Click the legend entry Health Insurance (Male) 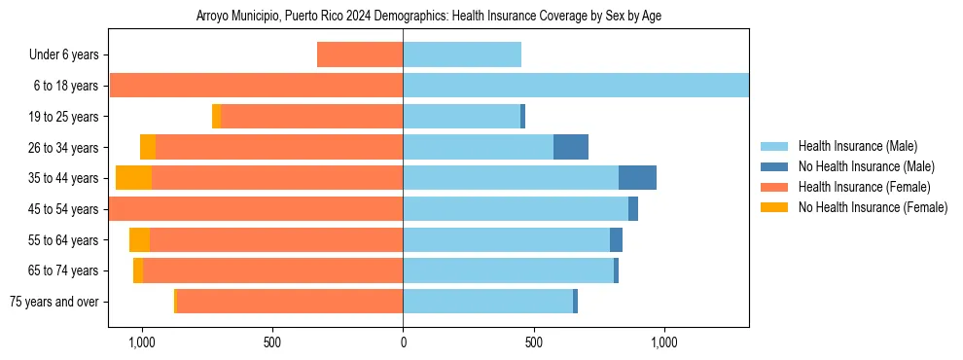tap(857, 146)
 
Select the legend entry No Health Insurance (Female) tap(873, 207)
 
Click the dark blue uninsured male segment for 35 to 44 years tap(637, 178)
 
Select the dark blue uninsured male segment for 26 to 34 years tap(571, 147)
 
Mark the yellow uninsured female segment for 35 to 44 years tap(133, 178)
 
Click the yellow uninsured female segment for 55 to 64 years tap(139, 239)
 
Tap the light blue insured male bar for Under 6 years tap(462, 55)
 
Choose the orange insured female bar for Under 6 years tap(360, 55)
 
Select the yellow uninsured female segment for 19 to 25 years tap(216, 117)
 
